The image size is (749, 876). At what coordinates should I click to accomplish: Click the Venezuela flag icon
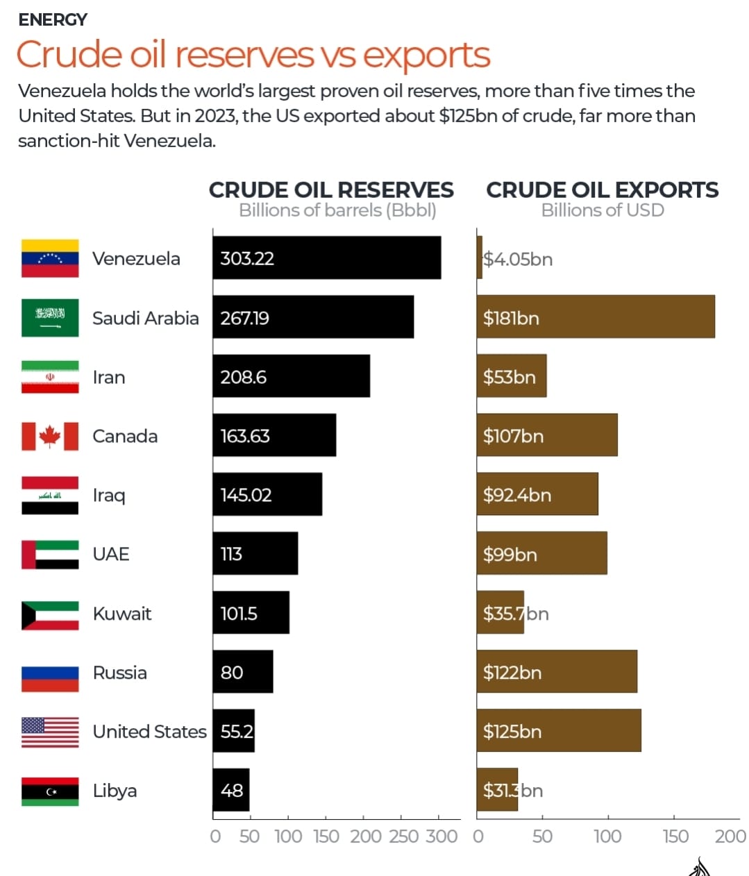[50, 258]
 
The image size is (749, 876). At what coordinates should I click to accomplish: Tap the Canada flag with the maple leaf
[50, 436]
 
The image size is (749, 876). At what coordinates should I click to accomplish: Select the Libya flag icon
[50, 791]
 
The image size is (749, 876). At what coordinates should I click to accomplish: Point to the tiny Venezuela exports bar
[480, 258]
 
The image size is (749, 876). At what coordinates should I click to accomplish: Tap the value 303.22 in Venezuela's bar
[247, 259]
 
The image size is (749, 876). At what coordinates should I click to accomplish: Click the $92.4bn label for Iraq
[517, 495]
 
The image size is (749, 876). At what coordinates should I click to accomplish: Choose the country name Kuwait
[122, 614]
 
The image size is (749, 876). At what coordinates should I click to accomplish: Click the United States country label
[149, 732]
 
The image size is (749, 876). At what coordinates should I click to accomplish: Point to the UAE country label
[111, 554]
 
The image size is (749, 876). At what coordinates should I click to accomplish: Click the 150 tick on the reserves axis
[326, 836]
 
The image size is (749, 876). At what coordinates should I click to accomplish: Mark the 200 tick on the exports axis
[730, 836]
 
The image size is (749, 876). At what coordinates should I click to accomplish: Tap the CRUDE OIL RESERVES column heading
[331, 190]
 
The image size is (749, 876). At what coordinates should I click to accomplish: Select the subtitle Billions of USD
[603, 210]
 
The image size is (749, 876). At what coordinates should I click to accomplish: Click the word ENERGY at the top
[53, 19]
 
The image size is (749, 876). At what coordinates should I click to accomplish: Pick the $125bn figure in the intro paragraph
[468, 116]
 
